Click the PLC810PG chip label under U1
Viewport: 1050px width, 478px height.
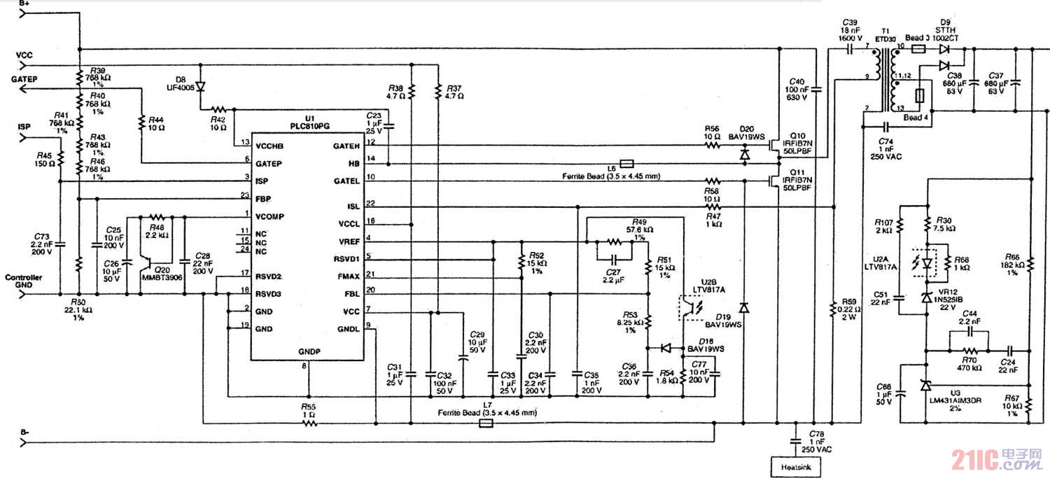coord(307,126)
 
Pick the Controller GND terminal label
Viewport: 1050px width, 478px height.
coord(22,281)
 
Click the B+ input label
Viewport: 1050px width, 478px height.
coord(24,4)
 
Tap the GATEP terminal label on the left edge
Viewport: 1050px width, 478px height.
coord(24,80)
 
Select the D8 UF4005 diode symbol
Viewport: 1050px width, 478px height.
coord(200,87)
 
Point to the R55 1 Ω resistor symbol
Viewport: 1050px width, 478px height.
coord(307,423)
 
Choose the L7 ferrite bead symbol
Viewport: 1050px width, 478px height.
coord(486,423)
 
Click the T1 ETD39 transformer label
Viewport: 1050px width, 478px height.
coord(886,36)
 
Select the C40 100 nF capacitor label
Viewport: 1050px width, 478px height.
coord(797,91)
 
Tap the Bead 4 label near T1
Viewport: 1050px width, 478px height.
coord(916,118)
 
